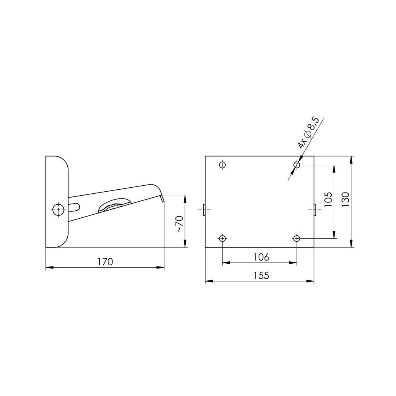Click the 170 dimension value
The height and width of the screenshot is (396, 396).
(105, 262)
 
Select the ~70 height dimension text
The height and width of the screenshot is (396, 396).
(179, 224)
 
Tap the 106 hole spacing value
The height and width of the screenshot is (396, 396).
(261, 257)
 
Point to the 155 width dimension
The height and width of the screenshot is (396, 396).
(261, 275)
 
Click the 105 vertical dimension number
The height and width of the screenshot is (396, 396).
(328, 200)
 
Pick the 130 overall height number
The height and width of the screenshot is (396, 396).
(345, 200)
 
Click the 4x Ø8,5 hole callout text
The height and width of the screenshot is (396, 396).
(308, 133)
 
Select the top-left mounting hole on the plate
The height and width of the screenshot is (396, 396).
(222, 165)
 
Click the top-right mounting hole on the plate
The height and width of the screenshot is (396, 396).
(297, 165)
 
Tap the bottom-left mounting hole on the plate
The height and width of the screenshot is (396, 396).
(222, 238)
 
